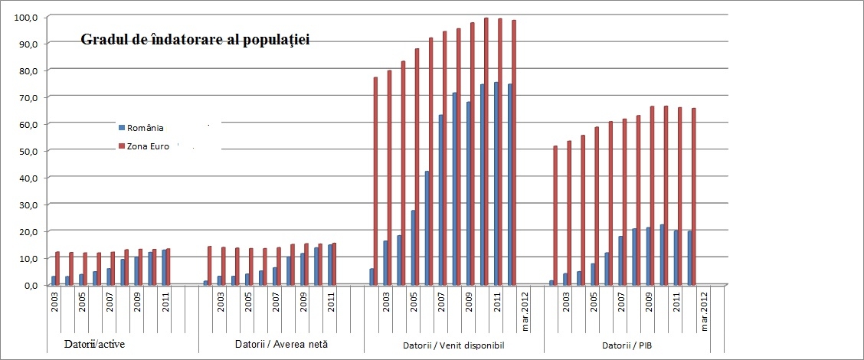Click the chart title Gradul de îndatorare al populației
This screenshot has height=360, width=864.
(x=195, y=39)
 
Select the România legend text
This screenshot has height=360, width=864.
(x=146, y=129)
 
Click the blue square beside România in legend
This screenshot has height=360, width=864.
(x=121, y=129)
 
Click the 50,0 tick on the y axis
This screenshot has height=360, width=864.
(x=26, y=151)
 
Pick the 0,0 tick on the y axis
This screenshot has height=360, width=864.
(x=29, y=285)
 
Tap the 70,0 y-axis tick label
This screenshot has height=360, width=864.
(x=26, y=97)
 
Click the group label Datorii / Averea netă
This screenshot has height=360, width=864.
(x=280, y=345)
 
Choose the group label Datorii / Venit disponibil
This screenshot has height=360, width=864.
(x=453, y=345)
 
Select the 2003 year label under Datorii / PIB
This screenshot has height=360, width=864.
(x=566, y=301)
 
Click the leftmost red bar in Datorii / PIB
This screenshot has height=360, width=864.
(x=555, y=215)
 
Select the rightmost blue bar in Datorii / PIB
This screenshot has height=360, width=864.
(x=689, y=257)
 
